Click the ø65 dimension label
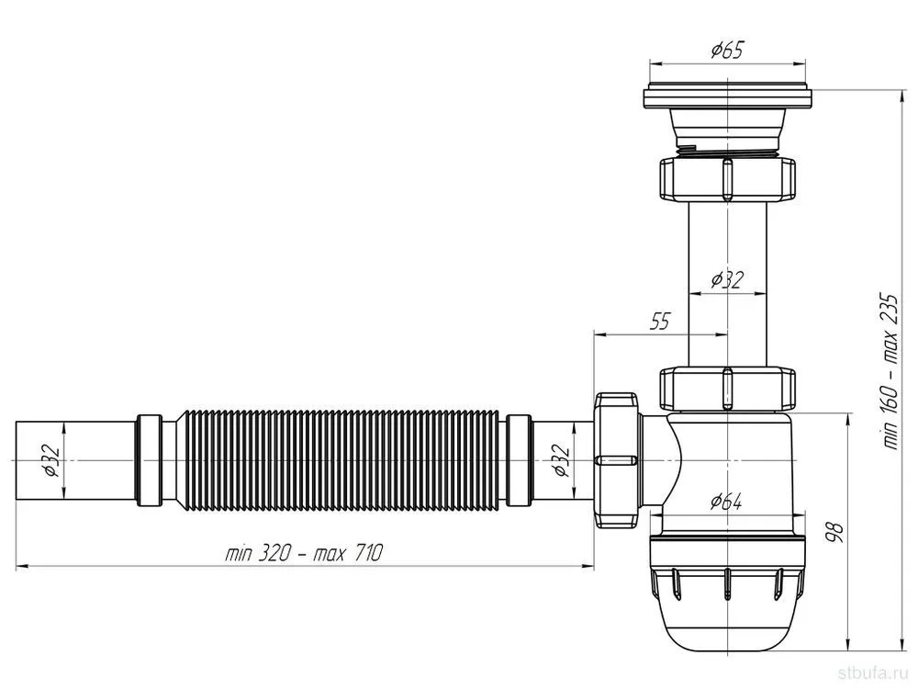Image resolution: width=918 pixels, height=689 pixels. pyautogui.click(x=726, y=51)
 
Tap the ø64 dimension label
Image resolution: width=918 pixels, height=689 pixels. pyautogui.click(x=726, y=501)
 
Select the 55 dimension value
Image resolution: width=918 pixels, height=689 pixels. pyautogui.click(x=659, y=321)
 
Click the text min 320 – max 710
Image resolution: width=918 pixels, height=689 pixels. pyautogui.click(x=303, y=552)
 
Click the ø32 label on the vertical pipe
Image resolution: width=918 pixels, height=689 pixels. pyautogui.click(x=726, y=280)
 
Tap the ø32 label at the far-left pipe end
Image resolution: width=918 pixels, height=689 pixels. pyautogui.click(x=50, y=460)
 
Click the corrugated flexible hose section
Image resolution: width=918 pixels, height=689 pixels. pyautogui.click(x=339, y=460)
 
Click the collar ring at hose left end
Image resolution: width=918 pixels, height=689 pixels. pyautogui.click(x=150, y=460)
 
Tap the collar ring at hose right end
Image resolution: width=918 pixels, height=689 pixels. pyautogui.click(x=519, y=460)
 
